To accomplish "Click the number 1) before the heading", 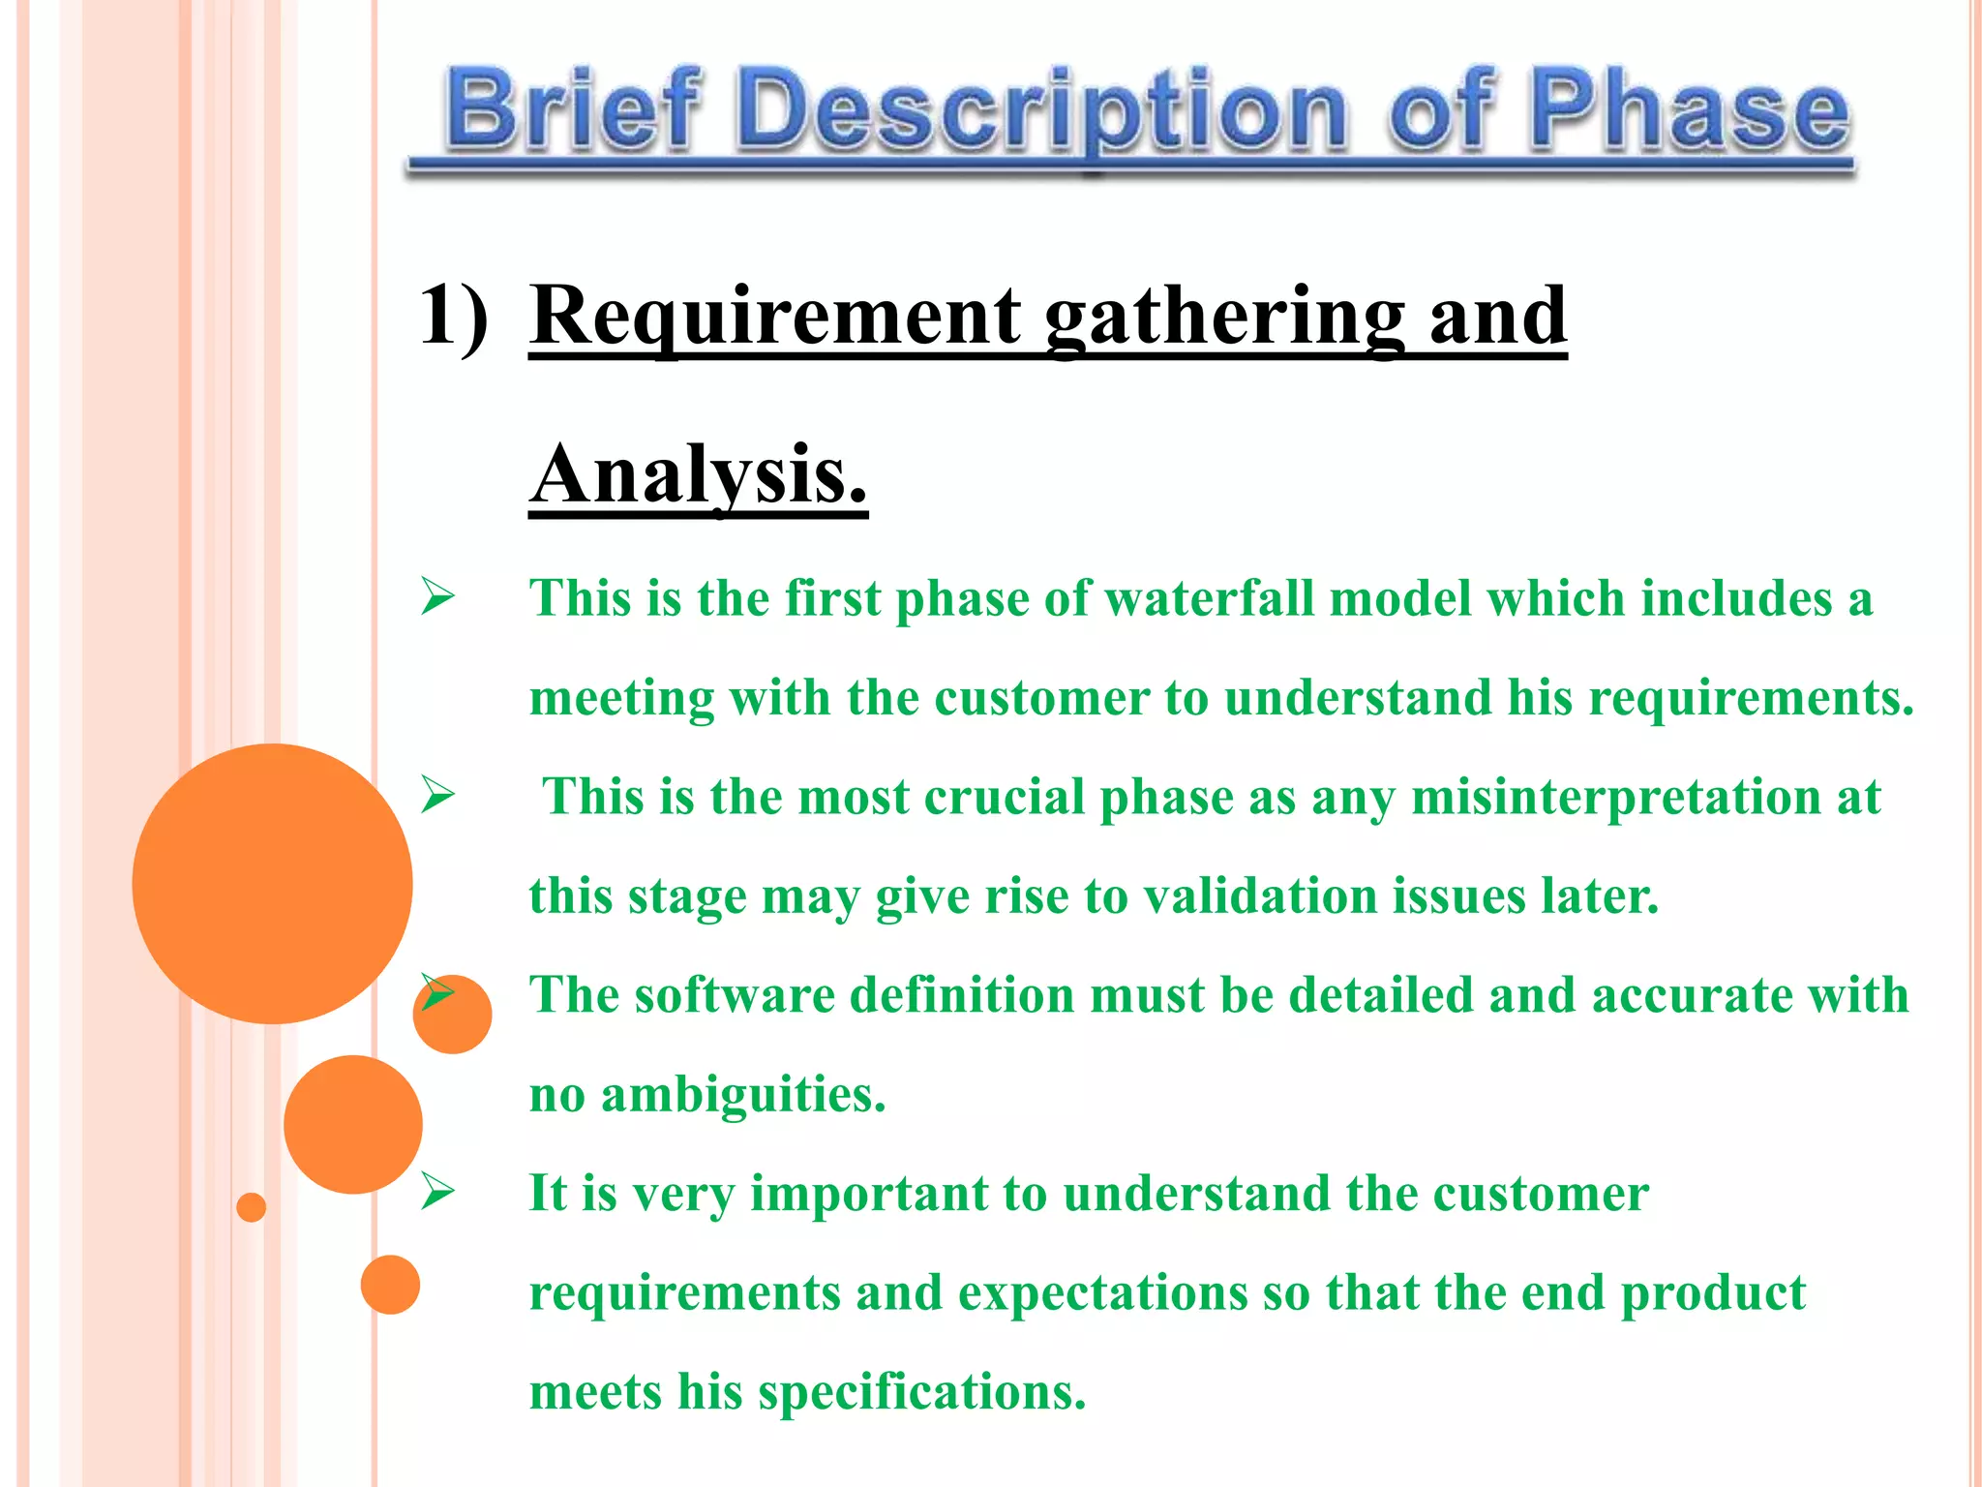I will [x=453, y=315].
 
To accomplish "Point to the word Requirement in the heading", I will [x=775, y=317].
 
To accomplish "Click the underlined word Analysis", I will [x=698, y=475].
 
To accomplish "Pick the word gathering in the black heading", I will [x=1224, y=317].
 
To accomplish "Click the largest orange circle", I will [x=272, y=883].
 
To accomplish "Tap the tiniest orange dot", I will [x=251, y=1207].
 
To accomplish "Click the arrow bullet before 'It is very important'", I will [x=437, y=1192].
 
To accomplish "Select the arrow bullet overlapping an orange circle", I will [x=437, y=993].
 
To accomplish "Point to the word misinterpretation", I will [x=1615, y=797].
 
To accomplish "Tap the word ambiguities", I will [x=742, y=1095].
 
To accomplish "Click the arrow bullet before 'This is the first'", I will [x=437, y=596].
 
